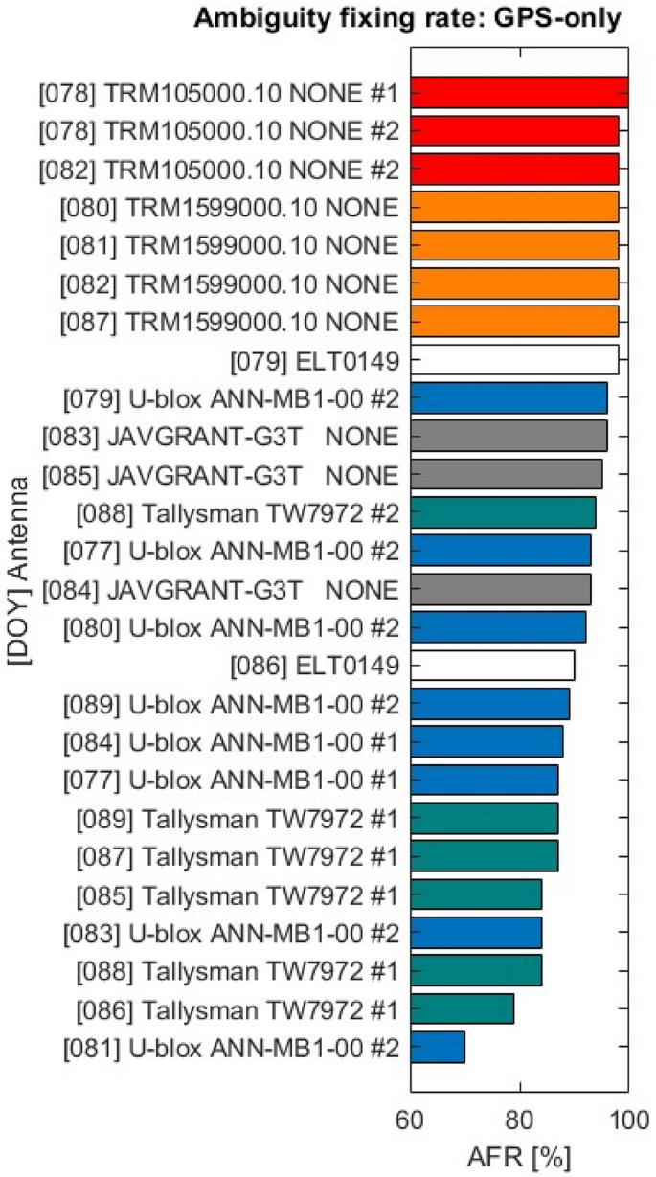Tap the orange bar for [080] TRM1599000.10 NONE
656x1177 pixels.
coord(514,207)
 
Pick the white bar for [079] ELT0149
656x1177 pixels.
coord(514,360)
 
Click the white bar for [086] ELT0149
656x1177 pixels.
coord(492,665)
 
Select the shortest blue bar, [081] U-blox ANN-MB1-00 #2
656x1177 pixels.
coord(438,1047)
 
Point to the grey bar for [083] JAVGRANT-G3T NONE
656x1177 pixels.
coord(509,437)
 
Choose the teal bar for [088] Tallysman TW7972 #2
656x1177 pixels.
coord(503,513)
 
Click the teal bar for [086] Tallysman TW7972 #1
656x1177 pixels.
coord(463,1008)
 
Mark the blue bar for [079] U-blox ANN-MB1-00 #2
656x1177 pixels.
coord(509,398)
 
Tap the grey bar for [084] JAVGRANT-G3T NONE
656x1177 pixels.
coord(501,589)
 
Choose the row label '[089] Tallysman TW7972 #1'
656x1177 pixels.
coord(237,818)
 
